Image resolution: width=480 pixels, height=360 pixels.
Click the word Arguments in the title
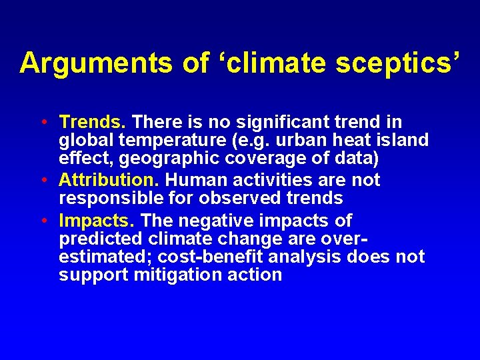pos(97,63)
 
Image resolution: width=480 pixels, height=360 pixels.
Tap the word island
pos(399,141)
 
